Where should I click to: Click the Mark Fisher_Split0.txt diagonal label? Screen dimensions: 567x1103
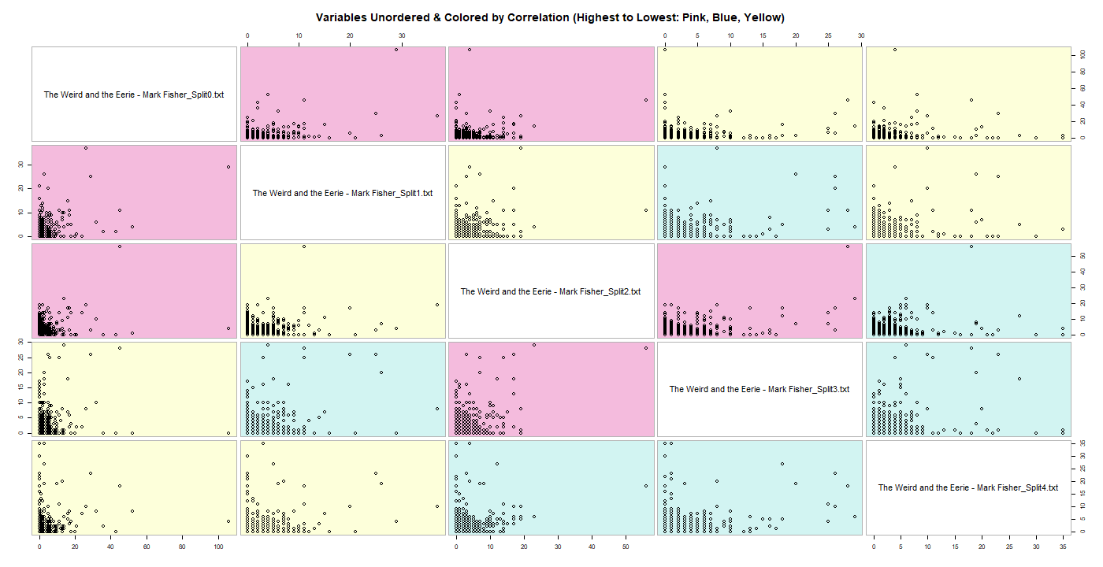(x=134, y=94)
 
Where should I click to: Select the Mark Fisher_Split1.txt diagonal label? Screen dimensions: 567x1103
(x=343, y=193)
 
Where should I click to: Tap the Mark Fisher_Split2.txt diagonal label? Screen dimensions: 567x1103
(x=551, y=291)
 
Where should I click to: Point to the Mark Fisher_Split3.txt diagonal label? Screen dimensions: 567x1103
(x=759, y=389)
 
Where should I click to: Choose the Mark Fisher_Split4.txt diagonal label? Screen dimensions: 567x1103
(x=968, y=487)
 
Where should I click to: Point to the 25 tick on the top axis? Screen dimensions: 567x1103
(x=828, y=35)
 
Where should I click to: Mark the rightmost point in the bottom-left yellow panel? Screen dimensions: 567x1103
(x=228, y=521)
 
